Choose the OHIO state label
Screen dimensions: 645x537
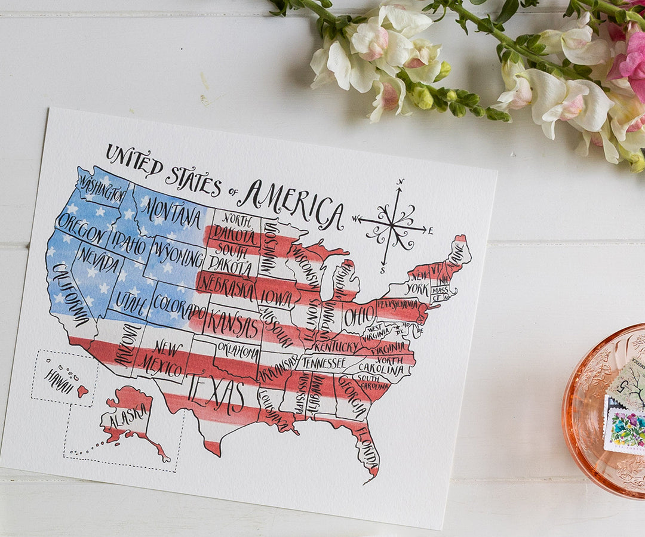tap(360, 314)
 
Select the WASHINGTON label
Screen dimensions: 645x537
tap(102, 189)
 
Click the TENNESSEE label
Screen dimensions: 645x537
tap(323, 362)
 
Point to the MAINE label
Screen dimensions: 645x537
tap(458, 251)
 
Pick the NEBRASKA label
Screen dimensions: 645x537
tap(226, 285)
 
